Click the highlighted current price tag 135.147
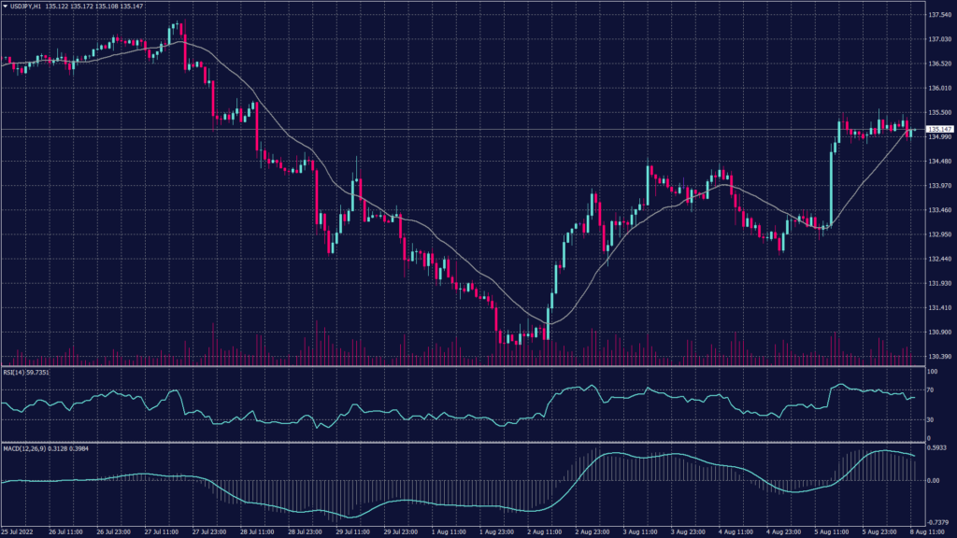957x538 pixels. coord(938,129)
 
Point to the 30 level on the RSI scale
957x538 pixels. coord(929,420)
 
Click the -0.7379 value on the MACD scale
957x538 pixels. coord(936,522)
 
